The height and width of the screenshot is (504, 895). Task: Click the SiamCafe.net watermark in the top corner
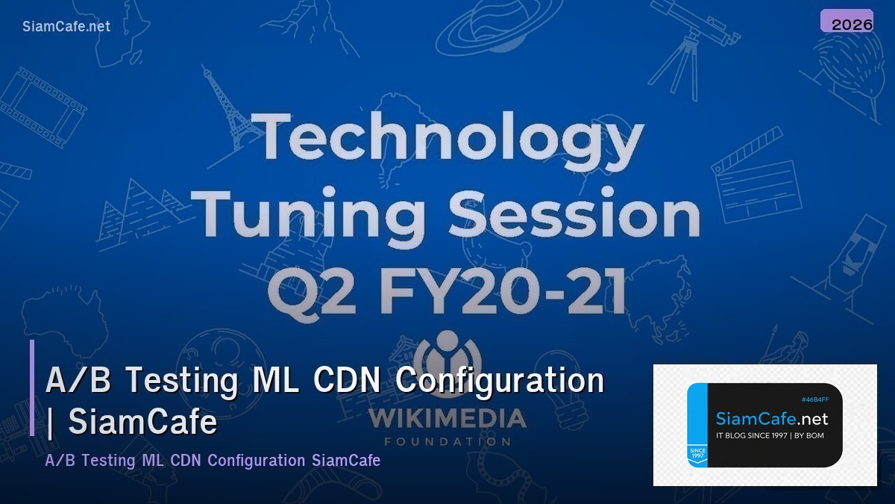pos(66,26)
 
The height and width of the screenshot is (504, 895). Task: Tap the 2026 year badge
pos(851,24)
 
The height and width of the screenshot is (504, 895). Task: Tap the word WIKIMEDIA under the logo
pos(447,418)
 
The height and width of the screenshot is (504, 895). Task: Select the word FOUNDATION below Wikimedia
pos(447,441)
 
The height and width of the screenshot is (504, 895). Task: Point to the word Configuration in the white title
pos(499,380)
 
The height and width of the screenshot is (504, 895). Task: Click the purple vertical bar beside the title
pos(32,388)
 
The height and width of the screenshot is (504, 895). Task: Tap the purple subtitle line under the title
pos(213,460)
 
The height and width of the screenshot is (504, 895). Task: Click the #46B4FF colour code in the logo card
pos(814,399)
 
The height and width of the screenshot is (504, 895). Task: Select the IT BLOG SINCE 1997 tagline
pos(770,435)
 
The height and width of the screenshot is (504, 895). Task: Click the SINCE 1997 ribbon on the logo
pos(697,453)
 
